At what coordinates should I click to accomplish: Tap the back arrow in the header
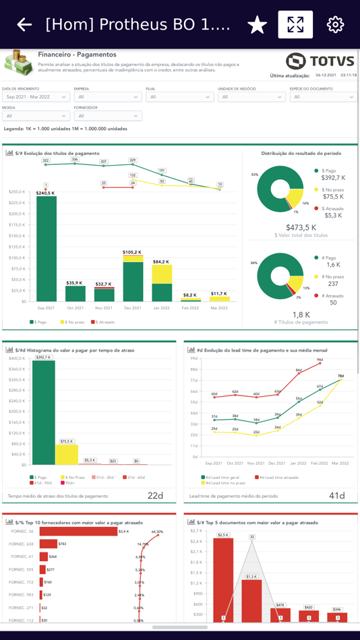click(24, 25)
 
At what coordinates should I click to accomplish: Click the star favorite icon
click(257, 25)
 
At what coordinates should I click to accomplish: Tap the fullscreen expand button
click(295, 25)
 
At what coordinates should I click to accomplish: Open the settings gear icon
click(335, 25)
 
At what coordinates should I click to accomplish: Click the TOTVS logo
click(320, 61)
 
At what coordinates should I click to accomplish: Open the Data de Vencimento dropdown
click(36, 97)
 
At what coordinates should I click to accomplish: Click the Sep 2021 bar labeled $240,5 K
click(47, 249)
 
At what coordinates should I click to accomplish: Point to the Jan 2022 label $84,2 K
click(161, 261)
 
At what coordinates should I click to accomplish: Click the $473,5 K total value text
click(301, 228)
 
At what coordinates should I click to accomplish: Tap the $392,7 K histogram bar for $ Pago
click(43, 412)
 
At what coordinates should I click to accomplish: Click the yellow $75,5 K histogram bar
click(67, 454)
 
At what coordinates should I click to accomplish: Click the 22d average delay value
click(155, 496)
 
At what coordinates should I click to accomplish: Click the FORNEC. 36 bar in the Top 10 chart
click(78, 532)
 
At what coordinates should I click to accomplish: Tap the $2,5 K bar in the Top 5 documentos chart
click(223, 579)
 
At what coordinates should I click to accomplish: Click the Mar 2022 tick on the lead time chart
click(340, 463)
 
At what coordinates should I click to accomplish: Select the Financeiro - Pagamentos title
click(77, 55)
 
